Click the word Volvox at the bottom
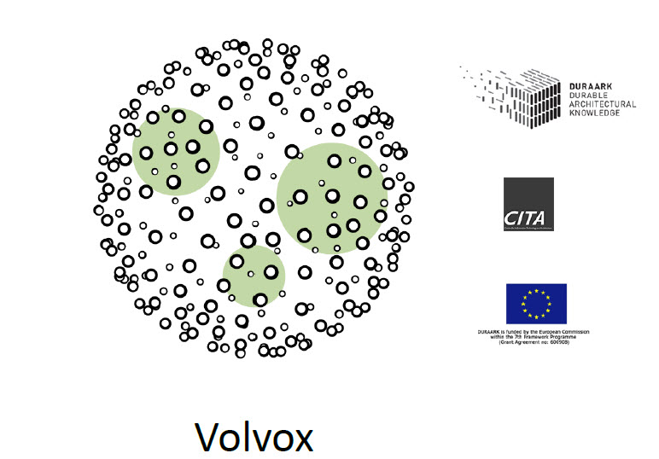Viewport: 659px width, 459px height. point(254,436)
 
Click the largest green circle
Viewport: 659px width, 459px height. point(332,198)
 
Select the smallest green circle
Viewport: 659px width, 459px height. point(254,276)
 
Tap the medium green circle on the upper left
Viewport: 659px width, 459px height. point(176,152)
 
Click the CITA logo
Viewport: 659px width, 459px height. point(528,204)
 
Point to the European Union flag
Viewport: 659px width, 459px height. point(535,304)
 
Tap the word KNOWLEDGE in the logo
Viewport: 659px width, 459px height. point(594,112)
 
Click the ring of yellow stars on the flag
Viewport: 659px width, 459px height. point(535,304)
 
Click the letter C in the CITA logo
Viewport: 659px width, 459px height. point(510,218)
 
